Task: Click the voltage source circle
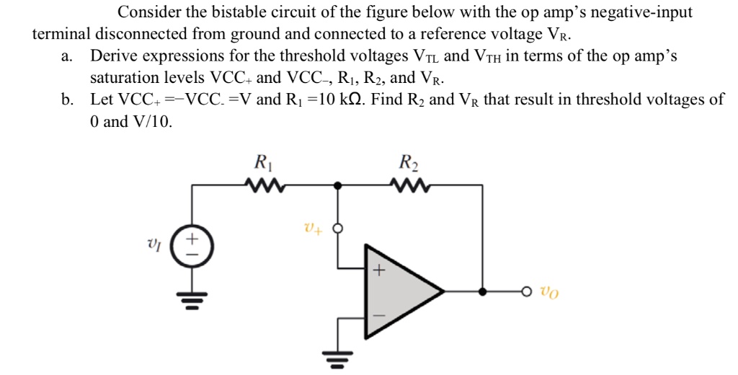point(192,245)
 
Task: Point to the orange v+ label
point(312,229)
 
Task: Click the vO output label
point(548,293)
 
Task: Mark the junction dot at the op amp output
point(481,292)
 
